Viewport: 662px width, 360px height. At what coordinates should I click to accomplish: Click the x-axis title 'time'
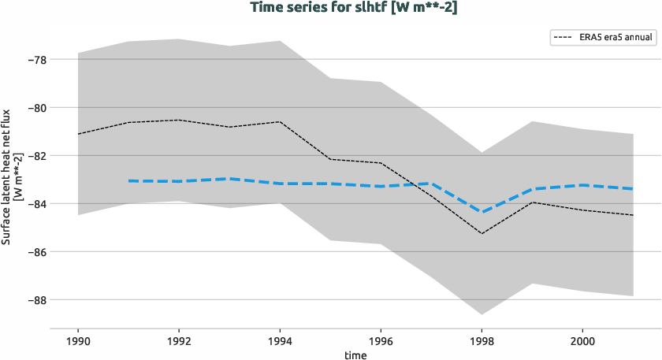tap(355, 354)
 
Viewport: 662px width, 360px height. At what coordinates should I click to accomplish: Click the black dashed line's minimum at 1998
tap(482, 233)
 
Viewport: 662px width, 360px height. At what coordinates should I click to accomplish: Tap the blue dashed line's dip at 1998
tap(482, 212)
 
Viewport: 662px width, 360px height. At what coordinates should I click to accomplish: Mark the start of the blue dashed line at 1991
tap(128, 181)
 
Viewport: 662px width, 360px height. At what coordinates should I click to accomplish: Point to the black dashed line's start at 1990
tap(78, 134)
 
